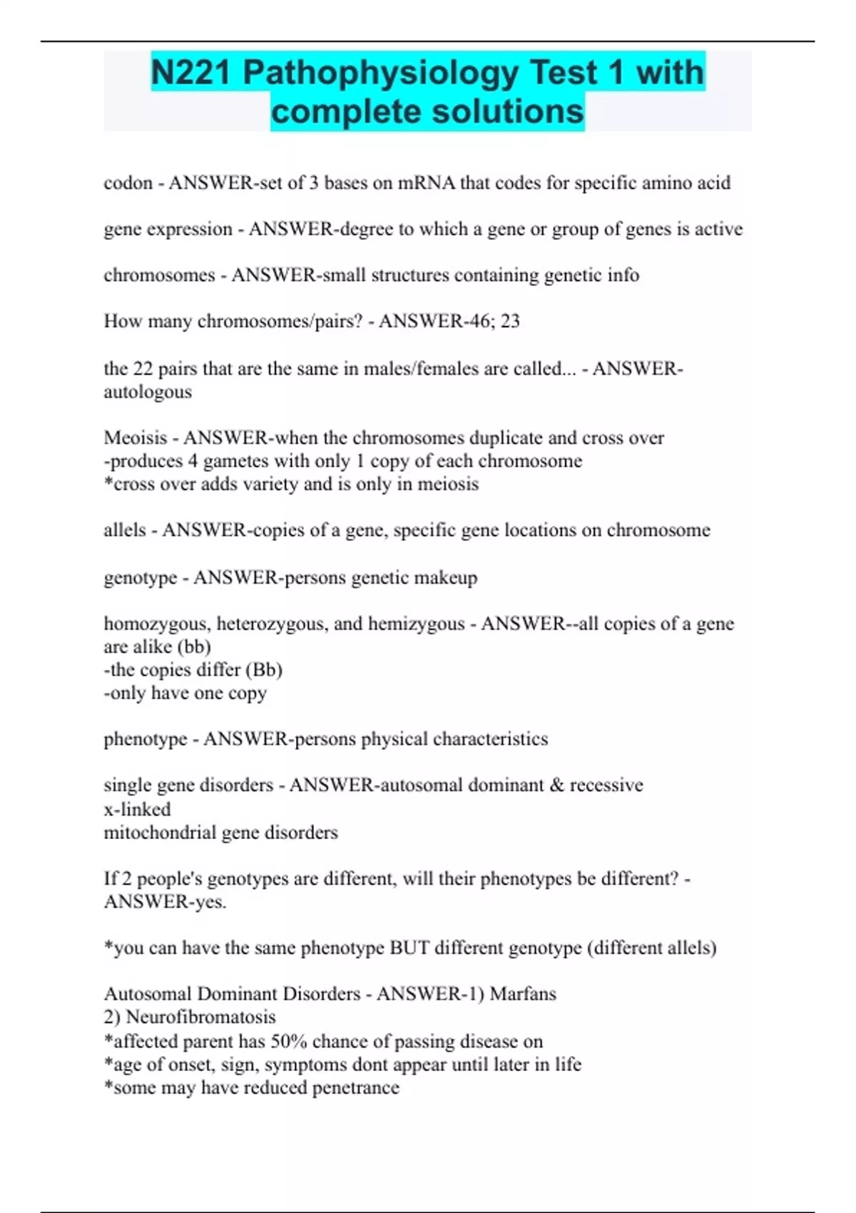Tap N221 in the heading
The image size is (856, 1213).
tap(191, 73)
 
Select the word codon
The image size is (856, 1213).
tap(128, 183)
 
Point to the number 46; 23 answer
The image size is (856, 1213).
tap(499, 321)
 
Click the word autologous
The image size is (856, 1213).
tap(148, 392)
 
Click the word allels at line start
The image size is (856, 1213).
tap(125, 530)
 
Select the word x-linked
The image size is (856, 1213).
tap(137, 809)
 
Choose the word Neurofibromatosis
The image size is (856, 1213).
tap(200, 1017)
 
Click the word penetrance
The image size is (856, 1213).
tap(355, 1088)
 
